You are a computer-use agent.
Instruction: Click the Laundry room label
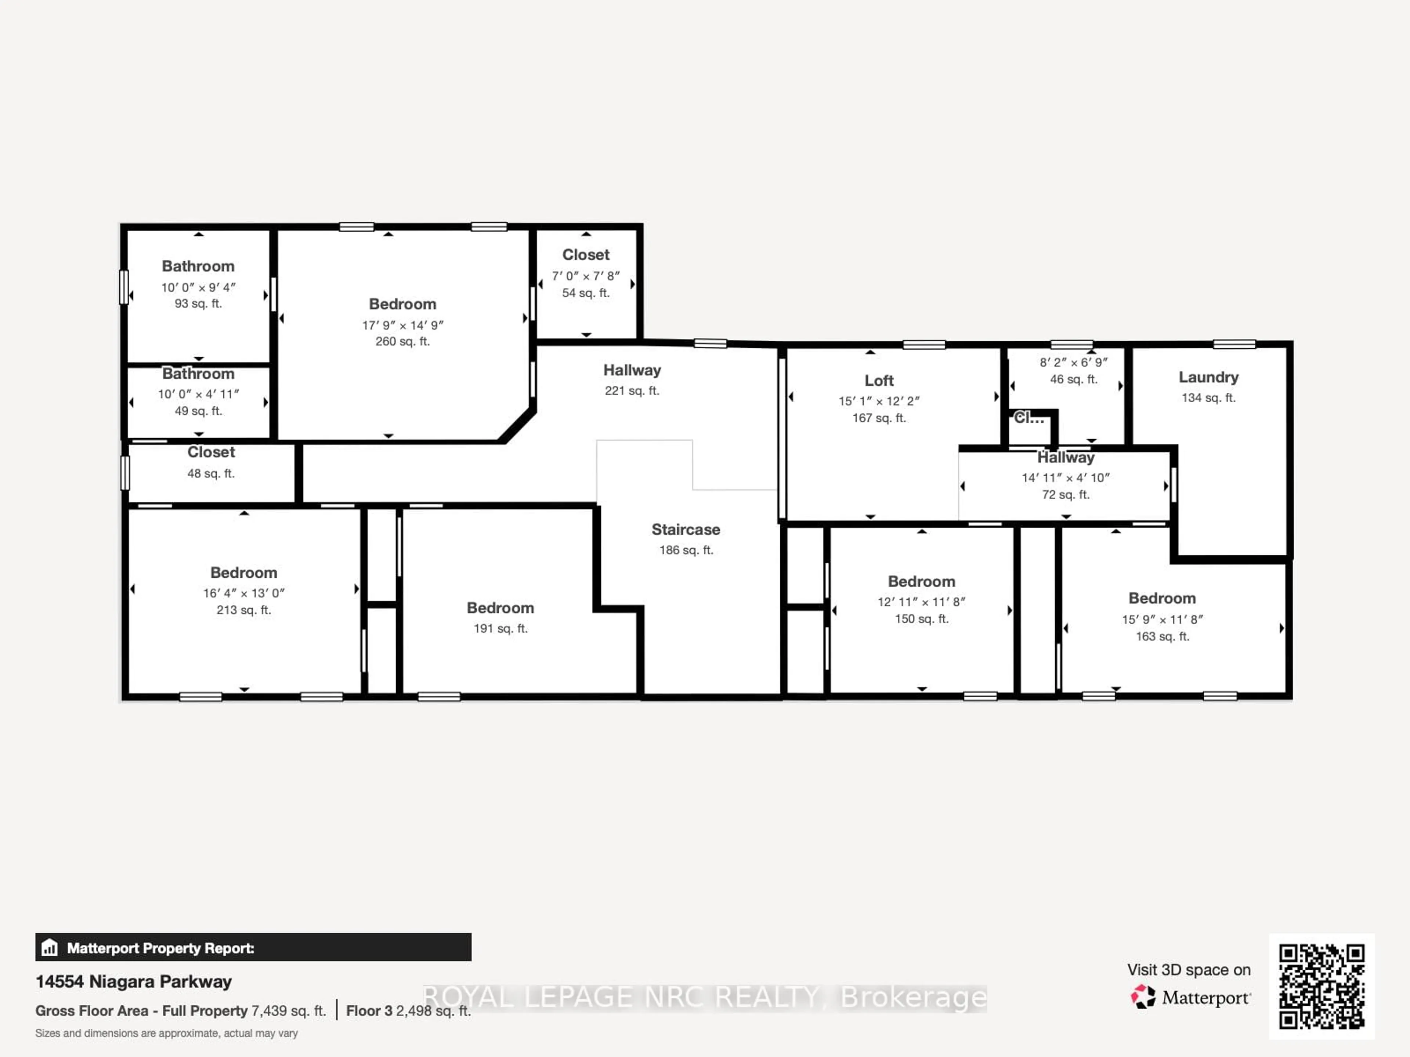(1208, 377)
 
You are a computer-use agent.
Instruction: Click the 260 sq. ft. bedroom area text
(402, 341)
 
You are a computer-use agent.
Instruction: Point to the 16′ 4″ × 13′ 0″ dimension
(243, 593)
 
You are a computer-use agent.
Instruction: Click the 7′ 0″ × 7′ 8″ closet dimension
(585, 276)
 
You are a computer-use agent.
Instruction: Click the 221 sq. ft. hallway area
(632, 391)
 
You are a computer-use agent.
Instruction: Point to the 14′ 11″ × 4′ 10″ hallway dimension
(1065, 478)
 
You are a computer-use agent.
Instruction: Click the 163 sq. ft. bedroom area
(1162, 636)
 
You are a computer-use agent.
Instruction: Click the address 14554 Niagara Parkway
(133, 982)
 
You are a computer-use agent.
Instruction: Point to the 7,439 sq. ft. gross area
(288, 1011)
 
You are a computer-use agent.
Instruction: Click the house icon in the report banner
(50, 948)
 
